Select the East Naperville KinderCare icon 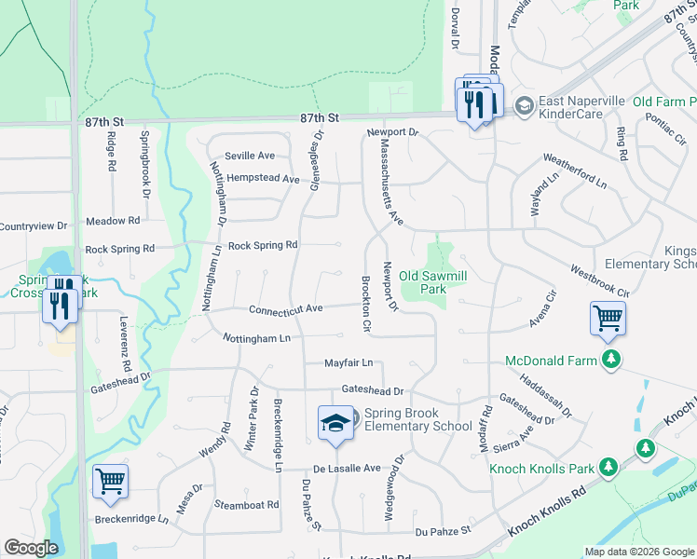pos(523,105)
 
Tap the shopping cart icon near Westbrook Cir pos(608,318)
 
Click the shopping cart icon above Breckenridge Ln pos(110,481)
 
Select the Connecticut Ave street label pos(285,309)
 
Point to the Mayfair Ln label pos(348,362)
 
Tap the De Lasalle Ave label pos(347,468)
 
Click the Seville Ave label pos(249,156)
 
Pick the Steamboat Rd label pos(246,505)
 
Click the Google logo pos(32,548)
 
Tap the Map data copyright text pos(637,552)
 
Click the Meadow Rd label pos(112,221)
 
